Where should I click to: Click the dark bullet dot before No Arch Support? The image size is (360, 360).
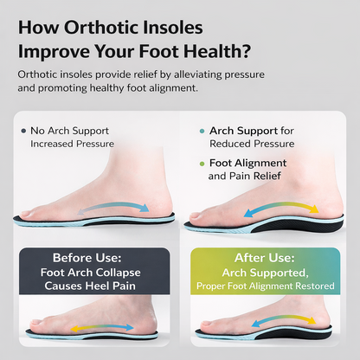22,131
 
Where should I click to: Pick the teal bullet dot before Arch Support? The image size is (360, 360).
202,131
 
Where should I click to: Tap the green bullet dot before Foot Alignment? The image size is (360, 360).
202,163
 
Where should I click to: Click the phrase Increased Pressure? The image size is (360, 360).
72,144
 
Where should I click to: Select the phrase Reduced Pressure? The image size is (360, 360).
250,144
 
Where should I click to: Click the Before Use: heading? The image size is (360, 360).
88,258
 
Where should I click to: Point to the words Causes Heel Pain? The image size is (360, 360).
88,285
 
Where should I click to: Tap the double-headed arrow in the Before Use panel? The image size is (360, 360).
101,327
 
